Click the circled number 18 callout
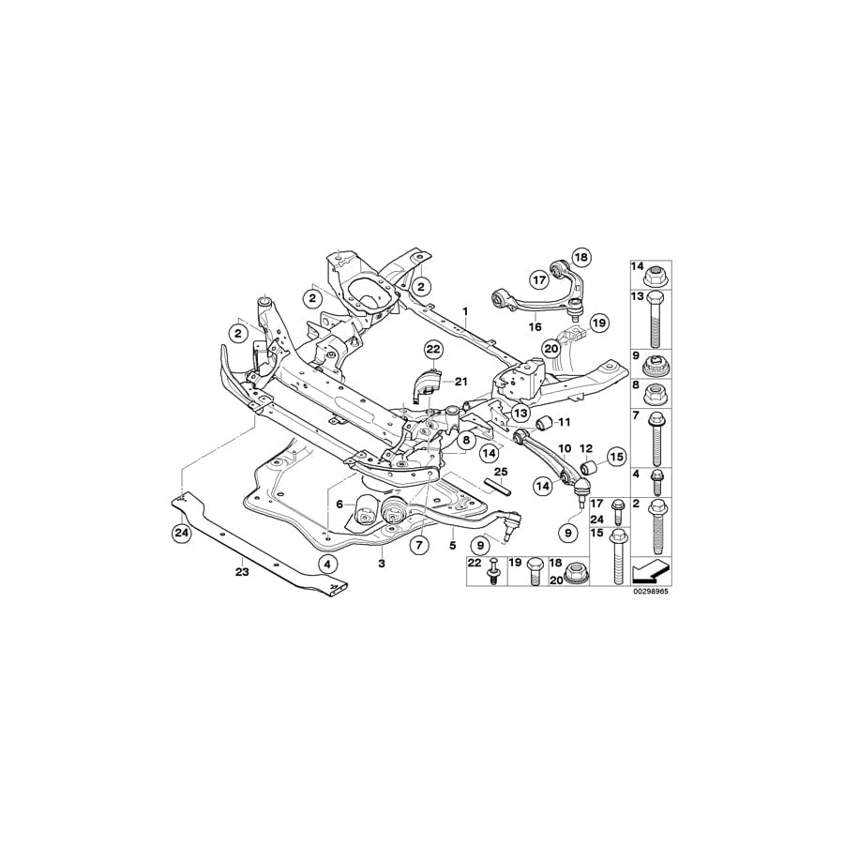click(580, 257)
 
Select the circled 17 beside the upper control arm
click(538, 279)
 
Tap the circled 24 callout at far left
click(180, 535)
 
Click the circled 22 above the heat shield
click(432, 350)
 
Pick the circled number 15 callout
click(615, 458)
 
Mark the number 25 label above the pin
click(500, 471)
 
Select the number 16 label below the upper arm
click(535, 327)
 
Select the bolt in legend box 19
click(535, 575)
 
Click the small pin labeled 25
click(498, 487)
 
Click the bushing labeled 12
click(589, 467)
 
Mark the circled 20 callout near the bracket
click(551, 349)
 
